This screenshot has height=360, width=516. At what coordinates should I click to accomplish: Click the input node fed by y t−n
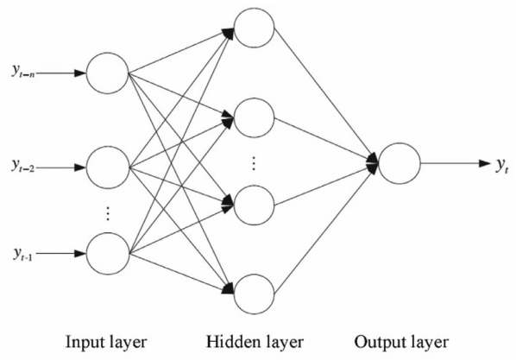coord(107,72)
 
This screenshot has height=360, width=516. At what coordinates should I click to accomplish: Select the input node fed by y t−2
coord(107,164)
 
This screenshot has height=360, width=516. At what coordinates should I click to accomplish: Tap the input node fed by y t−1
coord(107,255)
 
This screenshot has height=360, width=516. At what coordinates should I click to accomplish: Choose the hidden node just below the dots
coord(255,205)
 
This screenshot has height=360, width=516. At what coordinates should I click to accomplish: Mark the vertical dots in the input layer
coord(107,211)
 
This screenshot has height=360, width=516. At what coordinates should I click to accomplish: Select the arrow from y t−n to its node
coord(66,72)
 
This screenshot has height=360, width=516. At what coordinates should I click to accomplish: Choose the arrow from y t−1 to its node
coord(66,255)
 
